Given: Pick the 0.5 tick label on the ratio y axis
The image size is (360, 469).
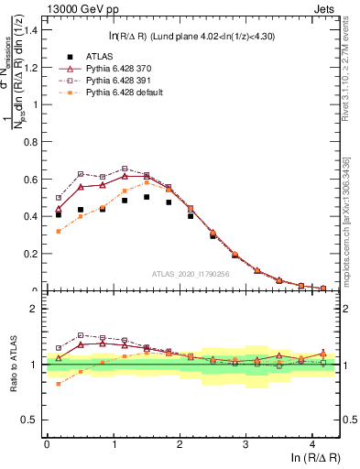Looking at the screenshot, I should (29, 420).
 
